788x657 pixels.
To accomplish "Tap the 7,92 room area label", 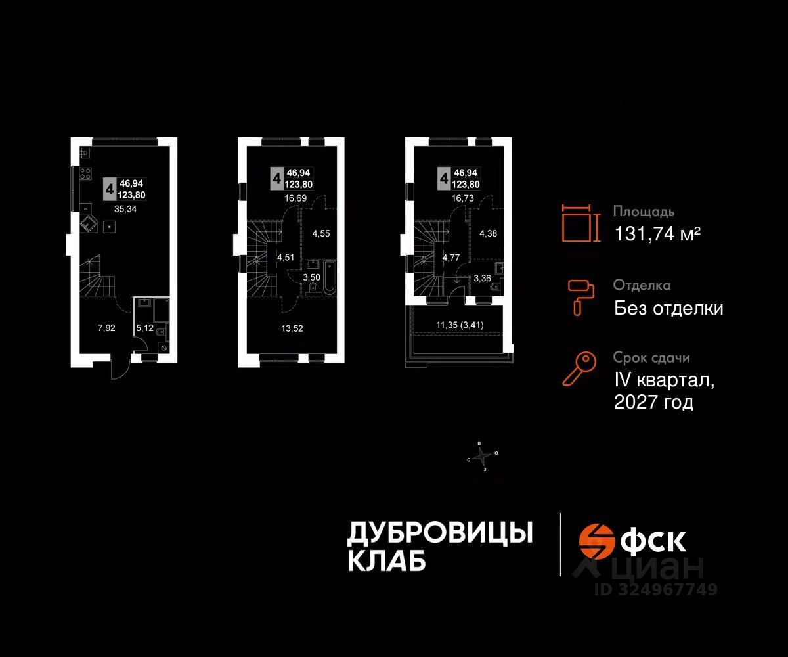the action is (106, 328).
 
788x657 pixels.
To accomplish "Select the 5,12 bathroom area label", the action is (143, 328).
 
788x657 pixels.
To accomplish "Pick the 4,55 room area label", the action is (321, 233).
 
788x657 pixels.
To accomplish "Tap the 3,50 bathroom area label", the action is (311, 277).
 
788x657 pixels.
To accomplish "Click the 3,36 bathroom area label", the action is (483, 277).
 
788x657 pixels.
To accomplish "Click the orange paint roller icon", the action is (581, 296).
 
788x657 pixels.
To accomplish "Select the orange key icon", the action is (580, 369).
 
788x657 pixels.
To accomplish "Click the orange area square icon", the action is (581, 223).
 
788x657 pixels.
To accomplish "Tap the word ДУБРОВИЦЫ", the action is (439, 533).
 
